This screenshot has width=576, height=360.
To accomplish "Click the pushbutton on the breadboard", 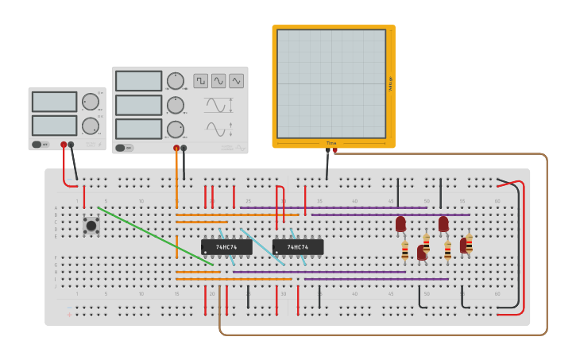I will (91, 226).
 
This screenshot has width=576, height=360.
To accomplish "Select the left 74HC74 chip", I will (226, 247).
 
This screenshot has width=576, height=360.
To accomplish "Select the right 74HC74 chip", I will (298, 247).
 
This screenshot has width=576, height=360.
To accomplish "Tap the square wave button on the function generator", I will (200, 81).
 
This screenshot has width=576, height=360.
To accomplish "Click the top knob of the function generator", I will (175, 81).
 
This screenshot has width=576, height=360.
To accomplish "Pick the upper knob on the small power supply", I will (91, 102).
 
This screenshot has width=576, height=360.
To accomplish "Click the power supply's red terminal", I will (64, 145).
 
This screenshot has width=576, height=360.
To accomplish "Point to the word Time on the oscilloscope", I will (331, 143).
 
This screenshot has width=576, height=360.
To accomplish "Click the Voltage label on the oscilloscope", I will (390, 83).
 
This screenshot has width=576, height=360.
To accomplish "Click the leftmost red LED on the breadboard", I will (400, 224).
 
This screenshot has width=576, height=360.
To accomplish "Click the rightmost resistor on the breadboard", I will (469, 242).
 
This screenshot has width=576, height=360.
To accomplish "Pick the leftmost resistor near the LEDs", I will (405, 251).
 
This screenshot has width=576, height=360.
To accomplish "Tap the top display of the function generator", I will (138, 81).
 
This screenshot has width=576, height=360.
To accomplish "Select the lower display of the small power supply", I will (54, 126).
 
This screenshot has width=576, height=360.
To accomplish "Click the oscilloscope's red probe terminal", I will (335, 150).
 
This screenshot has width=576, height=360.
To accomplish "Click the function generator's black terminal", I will (184, 148).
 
